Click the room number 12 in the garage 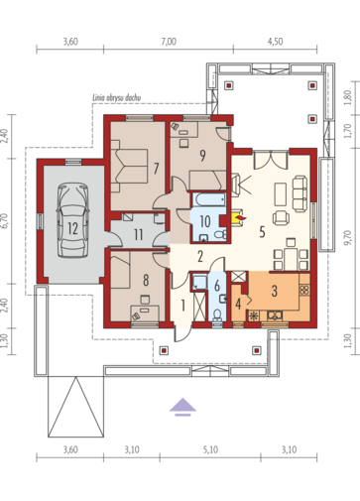pos(72,228)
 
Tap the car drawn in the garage pos(72,220)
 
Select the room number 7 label pos(157,169)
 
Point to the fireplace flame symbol pos(239,217)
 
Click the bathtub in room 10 pos(209,199)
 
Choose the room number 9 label pos(202,155)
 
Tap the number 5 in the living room pos(262,232)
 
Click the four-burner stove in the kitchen pos(303,290)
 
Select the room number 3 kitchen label pos(274,291)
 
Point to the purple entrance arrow pos(182,407)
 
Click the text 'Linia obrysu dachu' pos(116,98)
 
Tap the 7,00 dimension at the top pos(169,42)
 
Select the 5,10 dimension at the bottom pos(210,449)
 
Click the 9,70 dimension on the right pos(347,238)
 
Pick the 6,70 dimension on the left pos(4,221)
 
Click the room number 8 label pos(146,281)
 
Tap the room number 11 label pos(138,234)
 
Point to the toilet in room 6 pos(217,314)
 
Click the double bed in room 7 pos(129,166)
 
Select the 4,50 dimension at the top pos(275,42)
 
